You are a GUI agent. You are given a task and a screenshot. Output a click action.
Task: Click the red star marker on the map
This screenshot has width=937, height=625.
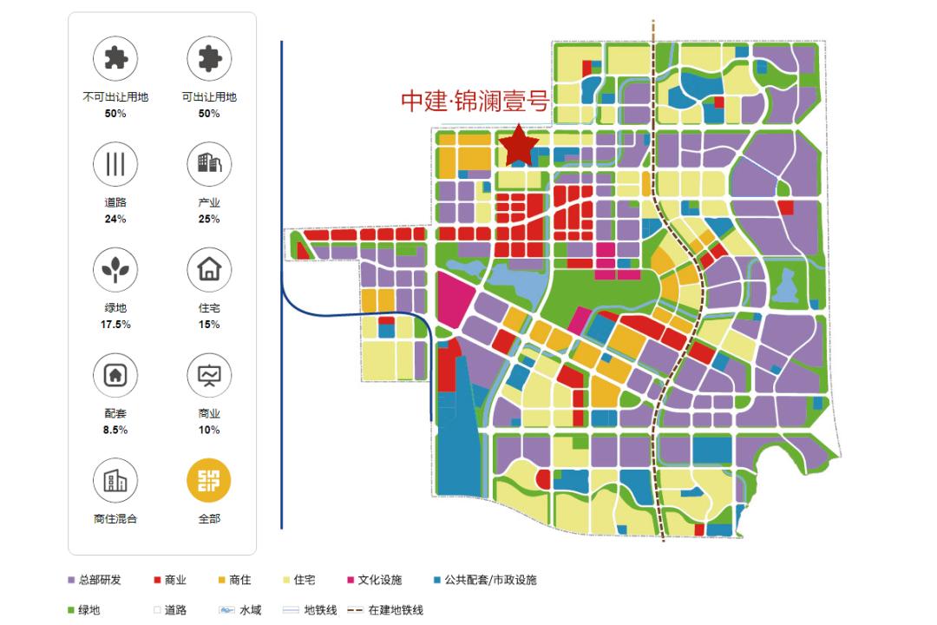(x=519, y=147)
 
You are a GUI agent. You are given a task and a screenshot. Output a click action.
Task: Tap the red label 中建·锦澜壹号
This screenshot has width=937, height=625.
(x=475, y=101)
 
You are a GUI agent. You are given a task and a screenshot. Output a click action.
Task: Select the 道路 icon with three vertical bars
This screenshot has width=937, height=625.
(x=115, y=164)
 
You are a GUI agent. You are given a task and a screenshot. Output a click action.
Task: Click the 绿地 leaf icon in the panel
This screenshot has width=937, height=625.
(x=115, y=269)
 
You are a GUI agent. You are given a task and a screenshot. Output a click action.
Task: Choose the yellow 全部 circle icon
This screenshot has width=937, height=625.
(x=209, y=480)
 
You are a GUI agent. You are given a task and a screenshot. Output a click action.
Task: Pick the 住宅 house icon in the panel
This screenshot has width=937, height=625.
(x=209, y=269)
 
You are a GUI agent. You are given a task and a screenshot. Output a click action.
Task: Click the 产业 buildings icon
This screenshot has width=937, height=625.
(x=209, y=164)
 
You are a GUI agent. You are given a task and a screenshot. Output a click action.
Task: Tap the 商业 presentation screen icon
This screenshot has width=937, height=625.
(x=209, y=375)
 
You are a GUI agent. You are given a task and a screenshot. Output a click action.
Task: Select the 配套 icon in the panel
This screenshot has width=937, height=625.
(x=115, y=375)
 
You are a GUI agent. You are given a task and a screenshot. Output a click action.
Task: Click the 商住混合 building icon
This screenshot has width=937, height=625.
(x=115, y=480)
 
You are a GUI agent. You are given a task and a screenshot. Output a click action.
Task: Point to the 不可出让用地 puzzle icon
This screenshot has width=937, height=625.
(x=115, y=59)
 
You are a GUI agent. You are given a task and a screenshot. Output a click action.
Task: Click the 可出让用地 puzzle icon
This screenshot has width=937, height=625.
(x=209, y=59)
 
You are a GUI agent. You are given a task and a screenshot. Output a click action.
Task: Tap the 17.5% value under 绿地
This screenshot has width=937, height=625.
(x=115, y=325)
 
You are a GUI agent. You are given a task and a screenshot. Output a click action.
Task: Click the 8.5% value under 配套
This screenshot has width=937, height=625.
(x=115, y=430)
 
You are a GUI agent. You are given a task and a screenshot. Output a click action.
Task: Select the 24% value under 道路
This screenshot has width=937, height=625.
(x=115, y=219)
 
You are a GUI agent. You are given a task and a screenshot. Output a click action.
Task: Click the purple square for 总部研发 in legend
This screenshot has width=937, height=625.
(x=71, y=580)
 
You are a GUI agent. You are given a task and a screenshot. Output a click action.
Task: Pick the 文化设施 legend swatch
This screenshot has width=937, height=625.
(x=351, y=580)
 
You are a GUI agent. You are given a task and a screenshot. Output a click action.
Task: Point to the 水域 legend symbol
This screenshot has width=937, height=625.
(x=226, y=610)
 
